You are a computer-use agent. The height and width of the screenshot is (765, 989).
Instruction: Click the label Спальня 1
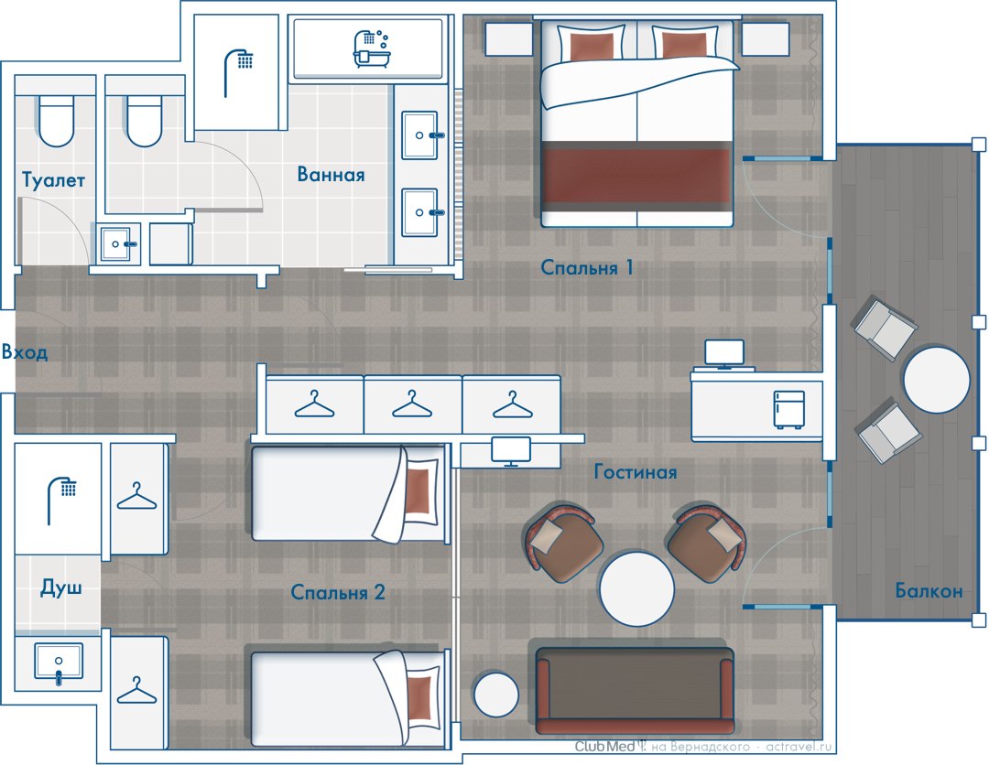pos(587,268)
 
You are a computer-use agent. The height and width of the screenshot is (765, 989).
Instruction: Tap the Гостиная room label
pos(636,471)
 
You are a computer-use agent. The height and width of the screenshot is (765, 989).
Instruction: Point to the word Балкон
pos(929,590)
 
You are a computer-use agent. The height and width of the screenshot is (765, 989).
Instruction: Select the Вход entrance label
pos(25,351)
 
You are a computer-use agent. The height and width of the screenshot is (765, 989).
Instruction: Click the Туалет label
pos(53,180)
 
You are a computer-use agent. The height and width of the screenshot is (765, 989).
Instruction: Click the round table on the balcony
pos(936,380)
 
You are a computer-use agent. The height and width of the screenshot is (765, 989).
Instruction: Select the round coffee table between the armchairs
pos(636,588)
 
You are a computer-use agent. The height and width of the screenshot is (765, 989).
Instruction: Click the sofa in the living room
pos(635,691)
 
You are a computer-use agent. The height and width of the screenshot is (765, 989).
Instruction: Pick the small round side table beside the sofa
pos(496,695)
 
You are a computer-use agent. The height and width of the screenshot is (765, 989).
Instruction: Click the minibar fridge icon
pos(789,410)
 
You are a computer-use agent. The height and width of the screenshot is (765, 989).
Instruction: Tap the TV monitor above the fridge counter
pos(724,354)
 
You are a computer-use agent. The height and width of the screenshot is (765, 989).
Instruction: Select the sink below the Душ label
pos(59,663)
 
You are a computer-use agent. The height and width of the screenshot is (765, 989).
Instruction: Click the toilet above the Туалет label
pos(56,121)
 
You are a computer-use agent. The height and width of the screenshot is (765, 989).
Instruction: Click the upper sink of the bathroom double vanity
pos(420,135)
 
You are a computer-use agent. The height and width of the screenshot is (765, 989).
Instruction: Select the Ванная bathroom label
pos(331,175)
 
